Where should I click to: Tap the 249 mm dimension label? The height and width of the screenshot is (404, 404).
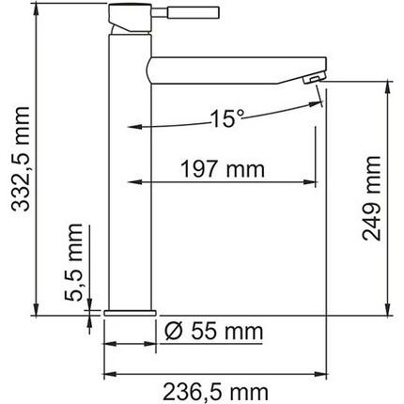coord(373,205)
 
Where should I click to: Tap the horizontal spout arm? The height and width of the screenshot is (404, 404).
coord(225,69)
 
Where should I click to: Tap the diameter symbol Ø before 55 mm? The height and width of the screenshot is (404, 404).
coord(173,332)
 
